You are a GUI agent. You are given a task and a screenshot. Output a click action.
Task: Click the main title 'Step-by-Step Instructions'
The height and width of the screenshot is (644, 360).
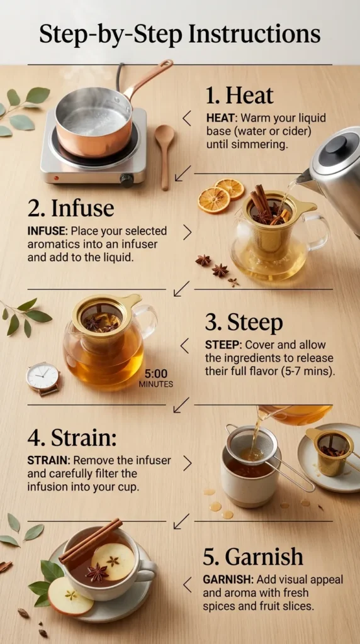(179, 33)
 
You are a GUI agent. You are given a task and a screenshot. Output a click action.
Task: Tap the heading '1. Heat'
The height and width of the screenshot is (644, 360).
(239, 96)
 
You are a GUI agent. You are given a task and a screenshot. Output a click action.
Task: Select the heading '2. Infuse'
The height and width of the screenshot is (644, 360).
(70, 208)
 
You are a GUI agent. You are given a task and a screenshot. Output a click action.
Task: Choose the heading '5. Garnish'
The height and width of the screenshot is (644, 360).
(253, 557)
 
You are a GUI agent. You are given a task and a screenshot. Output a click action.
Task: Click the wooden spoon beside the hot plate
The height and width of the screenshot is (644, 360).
(164, 151)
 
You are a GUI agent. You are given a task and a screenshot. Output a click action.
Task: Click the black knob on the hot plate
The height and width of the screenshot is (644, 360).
(127, 179)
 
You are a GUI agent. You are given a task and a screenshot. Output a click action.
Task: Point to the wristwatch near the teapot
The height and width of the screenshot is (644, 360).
(43, 378)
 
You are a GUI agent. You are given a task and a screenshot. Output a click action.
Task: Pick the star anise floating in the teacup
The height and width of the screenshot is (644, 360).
(97, 572)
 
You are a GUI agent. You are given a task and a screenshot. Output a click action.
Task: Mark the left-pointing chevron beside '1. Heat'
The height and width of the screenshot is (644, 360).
(186, 118)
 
